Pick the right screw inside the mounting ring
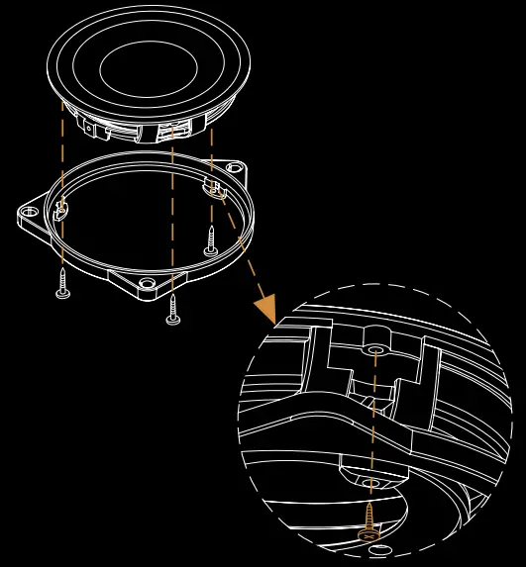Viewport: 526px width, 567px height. pyautogui.click(x=211, y=240)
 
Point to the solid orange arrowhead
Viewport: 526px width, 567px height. pyautogui.click(x=265, y=309)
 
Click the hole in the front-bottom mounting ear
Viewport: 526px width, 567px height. pyautogui.click(x=148, y=284)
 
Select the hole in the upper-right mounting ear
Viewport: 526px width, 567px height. pyautogui.click(x=235, y=167)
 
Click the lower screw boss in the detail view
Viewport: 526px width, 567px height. pyautogui.click(x=371, y=482)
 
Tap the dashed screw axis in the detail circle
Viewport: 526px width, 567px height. pyautogui.click(x=374, y=416)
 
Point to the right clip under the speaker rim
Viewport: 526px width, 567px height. pyautogui.click(x=174, y=130)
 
